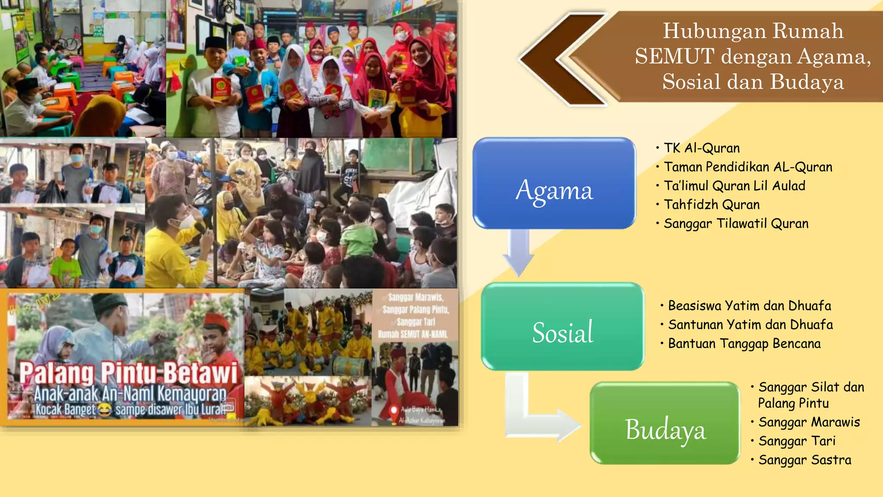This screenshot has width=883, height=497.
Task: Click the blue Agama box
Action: point(554,183)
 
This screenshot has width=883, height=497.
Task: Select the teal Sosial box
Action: point(563,327)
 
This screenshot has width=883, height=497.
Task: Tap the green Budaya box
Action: point(665,423)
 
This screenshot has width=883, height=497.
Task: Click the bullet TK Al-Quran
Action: point(701,148)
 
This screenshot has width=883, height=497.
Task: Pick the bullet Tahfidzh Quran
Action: point(711,204)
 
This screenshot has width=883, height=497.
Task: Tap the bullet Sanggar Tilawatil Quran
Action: point(736,223)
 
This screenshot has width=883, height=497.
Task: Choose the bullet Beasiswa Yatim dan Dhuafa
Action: point(749,305)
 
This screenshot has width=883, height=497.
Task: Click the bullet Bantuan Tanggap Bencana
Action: point(744,343)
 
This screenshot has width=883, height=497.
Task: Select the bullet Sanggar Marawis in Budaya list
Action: point(809,422)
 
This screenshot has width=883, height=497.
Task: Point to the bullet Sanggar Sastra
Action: point(805,460)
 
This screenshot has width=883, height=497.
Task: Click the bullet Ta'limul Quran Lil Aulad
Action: point(734,186)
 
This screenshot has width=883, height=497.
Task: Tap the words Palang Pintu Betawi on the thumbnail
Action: point(128,372)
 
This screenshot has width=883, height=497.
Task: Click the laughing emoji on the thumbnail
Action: point(104,409)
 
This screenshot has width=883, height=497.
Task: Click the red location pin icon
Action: point(393,411)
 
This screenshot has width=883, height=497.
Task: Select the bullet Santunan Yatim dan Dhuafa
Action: point(750,324)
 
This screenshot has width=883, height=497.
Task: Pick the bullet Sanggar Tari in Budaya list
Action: point(797,441)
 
